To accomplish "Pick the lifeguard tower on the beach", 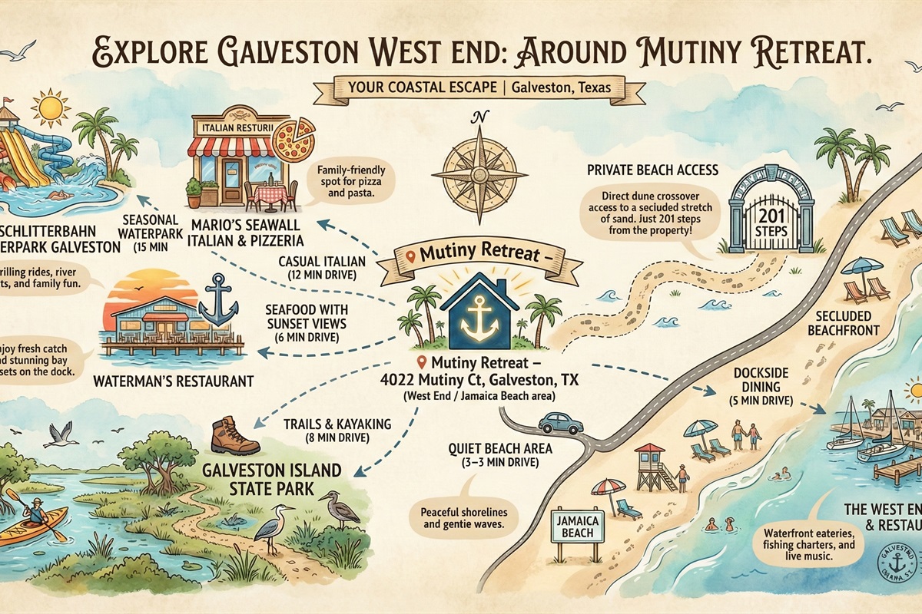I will (652, 466).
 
